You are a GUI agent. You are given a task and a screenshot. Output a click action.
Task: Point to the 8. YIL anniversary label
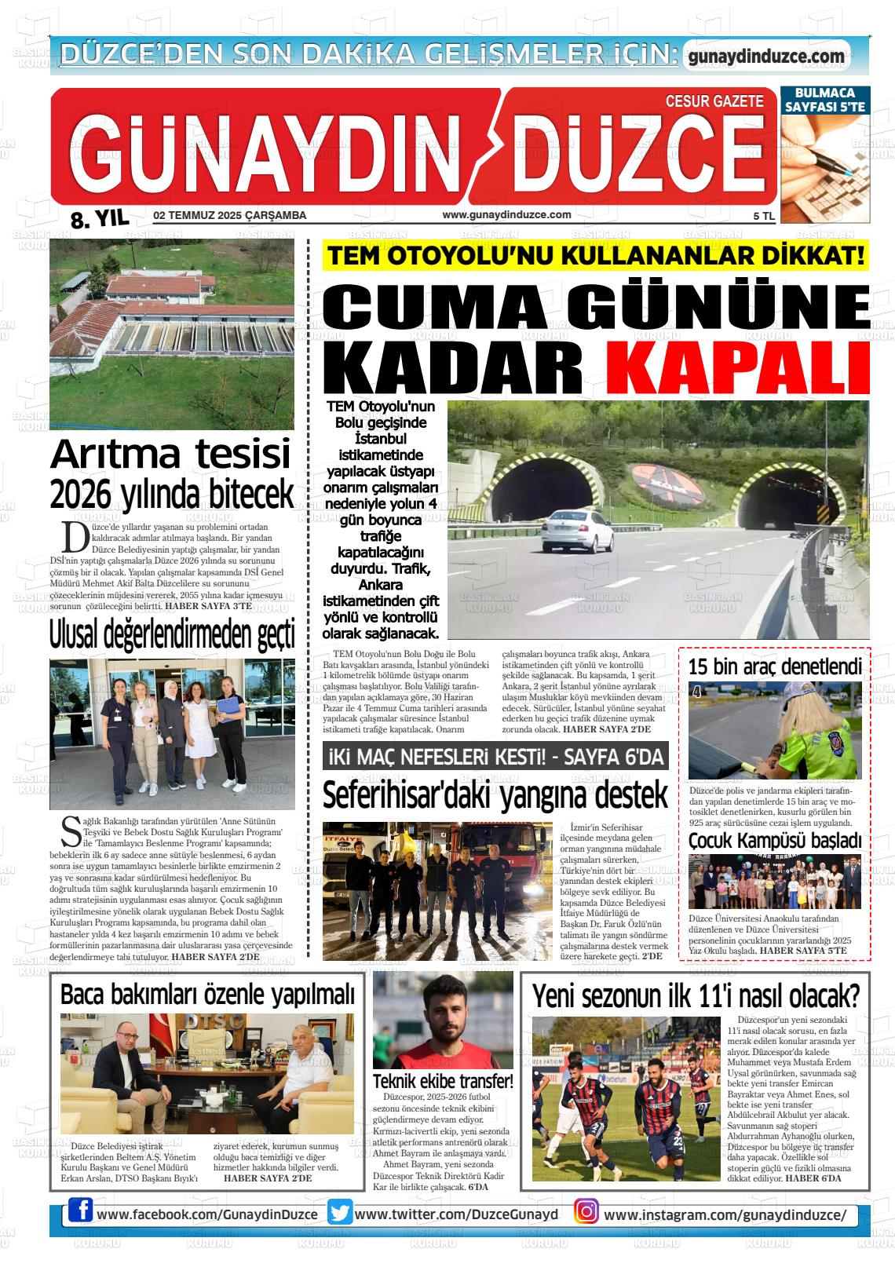[99, 219]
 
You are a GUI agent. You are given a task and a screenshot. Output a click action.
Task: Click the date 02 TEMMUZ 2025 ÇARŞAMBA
[230, 216]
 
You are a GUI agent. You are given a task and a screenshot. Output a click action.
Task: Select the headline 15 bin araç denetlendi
[775, 667]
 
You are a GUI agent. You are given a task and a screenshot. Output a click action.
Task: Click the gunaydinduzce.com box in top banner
[765, 57]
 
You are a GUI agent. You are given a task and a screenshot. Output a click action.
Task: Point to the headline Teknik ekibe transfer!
[443, 1081]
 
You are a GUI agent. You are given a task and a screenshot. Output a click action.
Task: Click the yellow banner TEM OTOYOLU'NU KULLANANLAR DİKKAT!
[597, 257]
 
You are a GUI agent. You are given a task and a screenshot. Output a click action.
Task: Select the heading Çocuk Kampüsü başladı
[775, 841]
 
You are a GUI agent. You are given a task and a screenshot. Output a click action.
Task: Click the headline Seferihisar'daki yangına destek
[495, 794]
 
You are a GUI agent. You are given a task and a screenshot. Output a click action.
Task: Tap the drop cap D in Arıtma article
[75, 537]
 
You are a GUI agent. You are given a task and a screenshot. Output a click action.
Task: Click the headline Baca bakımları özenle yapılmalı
[207, 995]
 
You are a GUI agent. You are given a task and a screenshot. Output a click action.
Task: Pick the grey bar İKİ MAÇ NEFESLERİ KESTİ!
[495, 757]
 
